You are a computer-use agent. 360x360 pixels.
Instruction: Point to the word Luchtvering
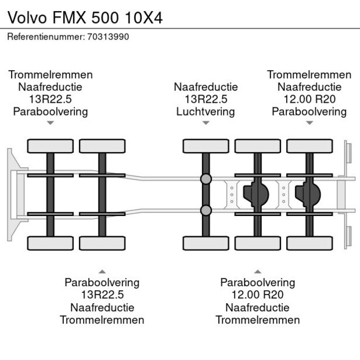(x=206, y=111)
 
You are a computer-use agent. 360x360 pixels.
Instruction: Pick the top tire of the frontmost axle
(x=50, y=146)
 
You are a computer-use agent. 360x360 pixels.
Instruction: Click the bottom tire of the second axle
(x=102, y=243)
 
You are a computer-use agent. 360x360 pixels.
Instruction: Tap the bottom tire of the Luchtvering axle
(x=206, y=243)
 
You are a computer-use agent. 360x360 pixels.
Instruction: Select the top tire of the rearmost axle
(x=309, y=146)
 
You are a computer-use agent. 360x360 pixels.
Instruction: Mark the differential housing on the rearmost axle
(x=309, y=195)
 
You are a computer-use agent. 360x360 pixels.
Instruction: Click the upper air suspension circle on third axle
(x=206, y=179)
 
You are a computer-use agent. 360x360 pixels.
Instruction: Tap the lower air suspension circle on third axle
(x=206, y=210)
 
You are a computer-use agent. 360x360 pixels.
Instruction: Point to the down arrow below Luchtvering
(x=206, y=123)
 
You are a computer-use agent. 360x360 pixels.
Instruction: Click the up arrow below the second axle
(x=102, y=271)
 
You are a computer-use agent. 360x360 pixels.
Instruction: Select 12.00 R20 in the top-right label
(x=309, y=99)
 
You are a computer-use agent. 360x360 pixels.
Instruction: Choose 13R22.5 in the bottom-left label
(x=102, y=295)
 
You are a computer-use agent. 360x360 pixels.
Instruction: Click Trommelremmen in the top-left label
(x=50, y=75)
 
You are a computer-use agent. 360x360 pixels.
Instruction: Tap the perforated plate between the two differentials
(x=283, y=195)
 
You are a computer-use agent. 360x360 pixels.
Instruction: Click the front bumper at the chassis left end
(x=12, y=195)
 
